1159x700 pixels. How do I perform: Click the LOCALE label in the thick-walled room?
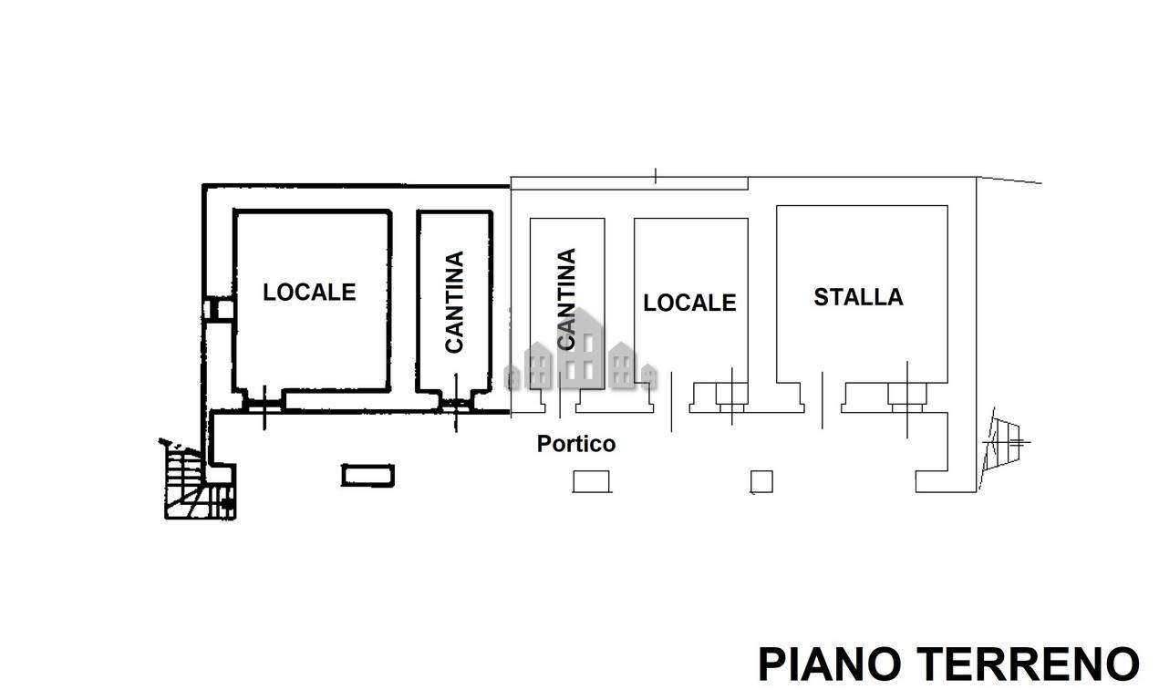coord(309,293)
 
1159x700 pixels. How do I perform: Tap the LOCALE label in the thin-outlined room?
coord(689,303)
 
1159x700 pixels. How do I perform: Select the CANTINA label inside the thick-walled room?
coord(454,303)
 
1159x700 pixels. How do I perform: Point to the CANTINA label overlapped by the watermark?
coord(566,299)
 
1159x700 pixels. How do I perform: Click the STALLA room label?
coord(858,297)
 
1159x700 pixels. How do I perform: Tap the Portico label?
coord(576,444)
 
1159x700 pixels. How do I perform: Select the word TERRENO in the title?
coord(1029,664)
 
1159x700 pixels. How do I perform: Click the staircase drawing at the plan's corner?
coord(199,481)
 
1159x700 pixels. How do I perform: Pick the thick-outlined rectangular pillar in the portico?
coord(367,475)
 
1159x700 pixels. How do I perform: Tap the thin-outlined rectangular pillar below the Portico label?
coord(591,481)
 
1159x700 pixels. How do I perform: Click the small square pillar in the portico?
coord(761,482)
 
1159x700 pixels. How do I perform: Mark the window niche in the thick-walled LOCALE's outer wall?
coord(218,310)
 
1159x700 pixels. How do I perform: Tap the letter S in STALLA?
coord(822,297)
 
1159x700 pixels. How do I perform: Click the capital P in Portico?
coord(543,444)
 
